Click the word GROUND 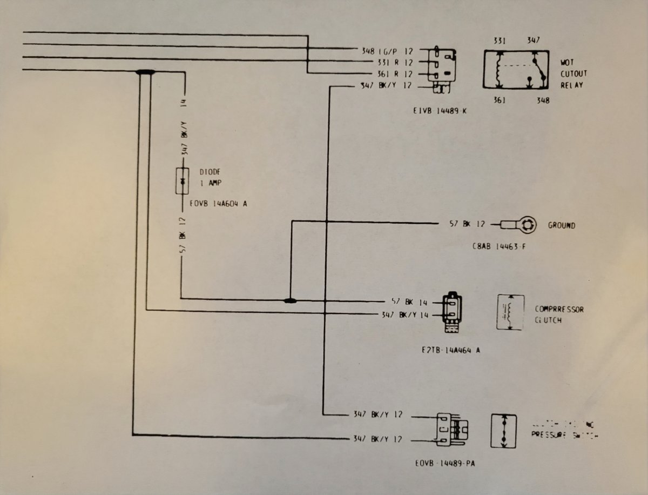click(x=562, y=225)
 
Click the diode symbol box click(x=183, y=181)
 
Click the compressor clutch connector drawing click(x=453, y=312)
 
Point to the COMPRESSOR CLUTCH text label click(x=559, y=315)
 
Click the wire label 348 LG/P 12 click(x=387, y=51)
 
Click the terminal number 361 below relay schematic click(x=500, y=100)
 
